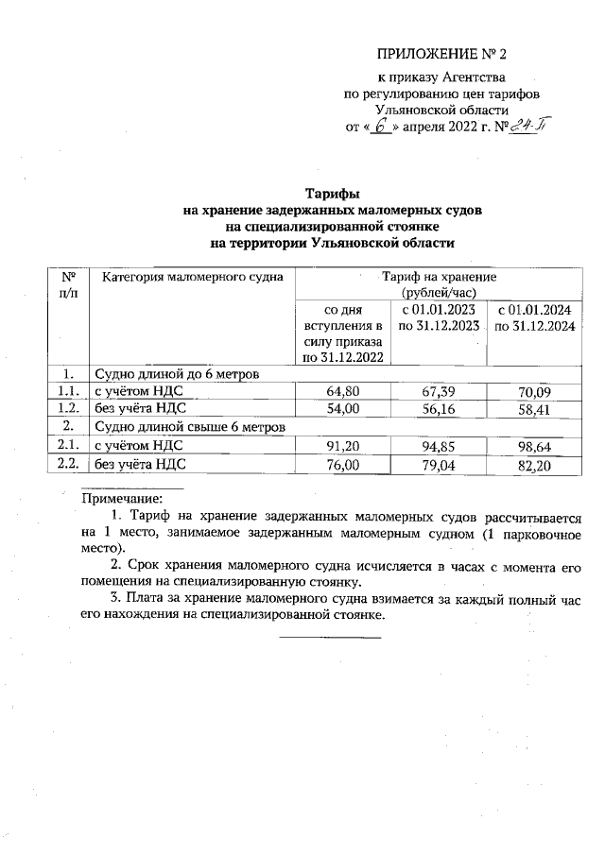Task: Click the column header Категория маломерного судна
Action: tap(188, 279)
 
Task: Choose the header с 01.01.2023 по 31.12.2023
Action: tap(437, 316)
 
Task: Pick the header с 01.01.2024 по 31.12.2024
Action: tap(531, 316)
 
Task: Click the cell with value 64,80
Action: tap(342, 391)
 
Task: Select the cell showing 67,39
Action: tap(437, 391)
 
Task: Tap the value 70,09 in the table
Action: tap(531, 391)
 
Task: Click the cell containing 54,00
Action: tap(342, 409)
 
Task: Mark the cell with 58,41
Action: tap(531, 409)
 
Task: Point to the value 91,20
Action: tap(342, 446)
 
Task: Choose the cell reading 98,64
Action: tap(531, 446)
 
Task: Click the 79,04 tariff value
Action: tap(437, 464)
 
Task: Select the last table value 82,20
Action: tap(531, 464)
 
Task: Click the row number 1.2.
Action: tap(66, 409)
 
